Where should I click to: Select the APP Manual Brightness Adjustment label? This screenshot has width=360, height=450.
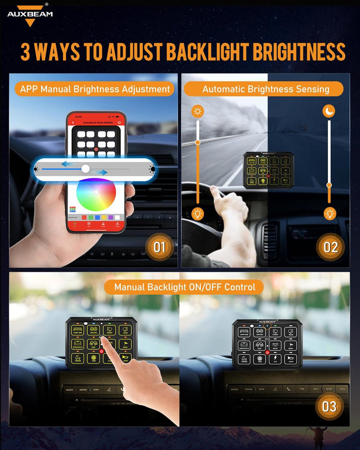(x=95, y=89)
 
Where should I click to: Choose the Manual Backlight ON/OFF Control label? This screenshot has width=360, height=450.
(x=184, y=287)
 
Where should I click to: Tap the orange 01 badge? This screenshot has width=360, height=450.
(x=160, y=247)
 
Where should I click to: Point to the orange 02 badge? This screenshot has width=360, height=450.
(x=330, y=247)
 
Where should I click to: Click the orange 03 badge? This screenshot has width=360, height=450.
(x=329, y=407)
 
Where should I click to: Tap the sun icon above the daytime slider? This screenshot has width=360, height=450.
(x=197, y=112)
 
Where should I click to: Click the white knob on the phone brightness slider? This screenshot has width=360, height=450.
(x=85, y=169)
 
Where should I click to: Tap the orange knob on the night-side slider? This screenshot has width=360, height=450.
(x=329, y=185)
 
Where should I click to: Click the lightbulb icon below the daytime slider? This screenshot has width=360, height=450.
(x=197, y=213)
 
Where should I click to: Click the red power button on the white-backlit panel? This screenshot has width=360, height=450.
(x=267, y=352)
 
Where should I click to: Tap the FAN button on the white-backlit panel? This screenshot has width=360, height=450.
(x=260, y=359)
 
